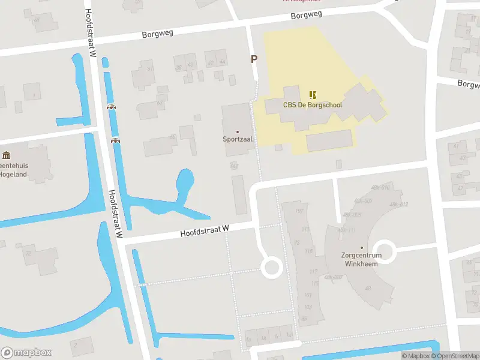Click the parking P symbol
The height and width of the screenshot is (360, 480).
point(254,59)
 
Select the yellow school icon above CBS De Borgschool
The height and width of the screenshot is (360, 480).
point(312,95)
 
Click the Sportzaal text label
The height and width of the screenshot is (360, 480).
point(238,139)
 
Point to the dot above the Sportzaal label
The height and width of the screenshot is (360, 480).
point(238,131)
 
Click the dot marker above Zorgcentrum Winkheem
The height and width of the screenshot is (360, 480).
point(361,247)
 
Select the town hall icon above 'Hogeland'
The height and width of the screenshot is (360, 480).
point(6,155)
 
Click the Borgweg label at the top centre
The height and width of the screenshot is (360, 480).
point(307,14)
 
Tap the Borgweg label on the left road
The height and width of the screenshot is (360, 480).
point(158,34)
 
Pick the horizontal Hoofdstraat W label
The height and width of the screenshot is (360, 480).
point(205,231)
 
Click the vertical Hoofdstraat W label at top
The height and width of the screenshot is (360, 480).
point(91,33)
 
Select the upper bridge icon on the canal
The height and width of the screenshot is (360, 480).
point(111,107)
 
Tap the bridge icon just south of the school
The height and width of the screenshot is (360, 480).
point(278,148)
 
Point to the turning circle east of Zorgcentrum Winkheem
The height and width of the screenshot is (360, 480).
point(385,252)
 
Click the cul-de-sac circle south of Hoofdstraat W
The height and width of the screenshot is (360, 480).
point(272,268)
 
